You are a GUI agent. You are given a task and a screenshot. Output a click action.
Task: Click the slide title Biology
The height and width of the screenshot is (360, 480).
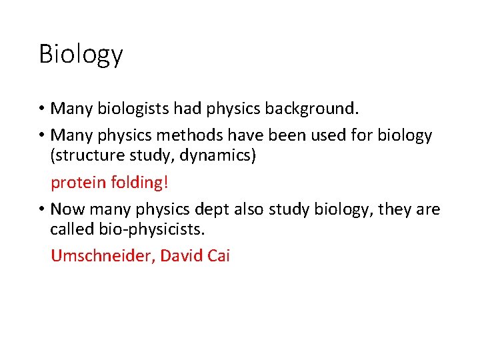[x=81, y=54]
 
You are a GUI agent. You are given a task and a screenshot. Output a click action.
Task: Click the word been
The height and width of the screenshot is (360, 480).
[x=289, y=135]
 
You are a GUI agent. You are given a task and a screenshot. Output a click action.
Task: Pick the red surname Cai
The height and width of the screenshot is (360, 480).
[x=218, y=256]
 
